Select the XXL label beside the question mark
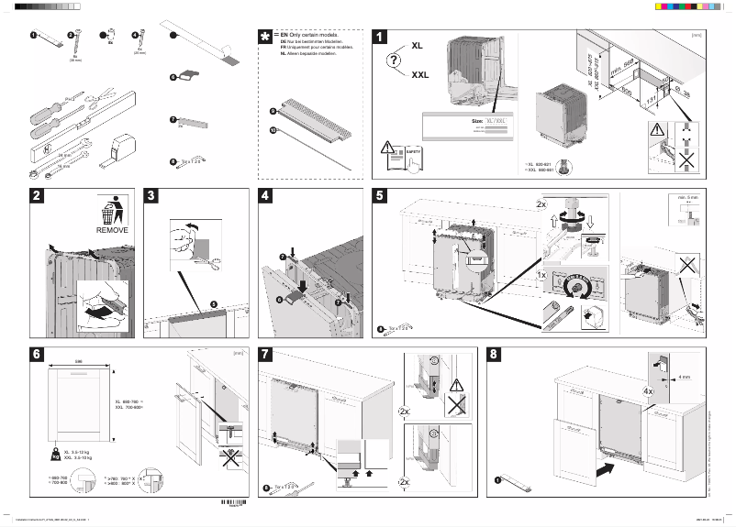tap(420, 75)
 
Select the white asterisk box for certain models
tap(266, 37)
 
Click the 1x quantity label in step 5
tap(541, 275)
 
